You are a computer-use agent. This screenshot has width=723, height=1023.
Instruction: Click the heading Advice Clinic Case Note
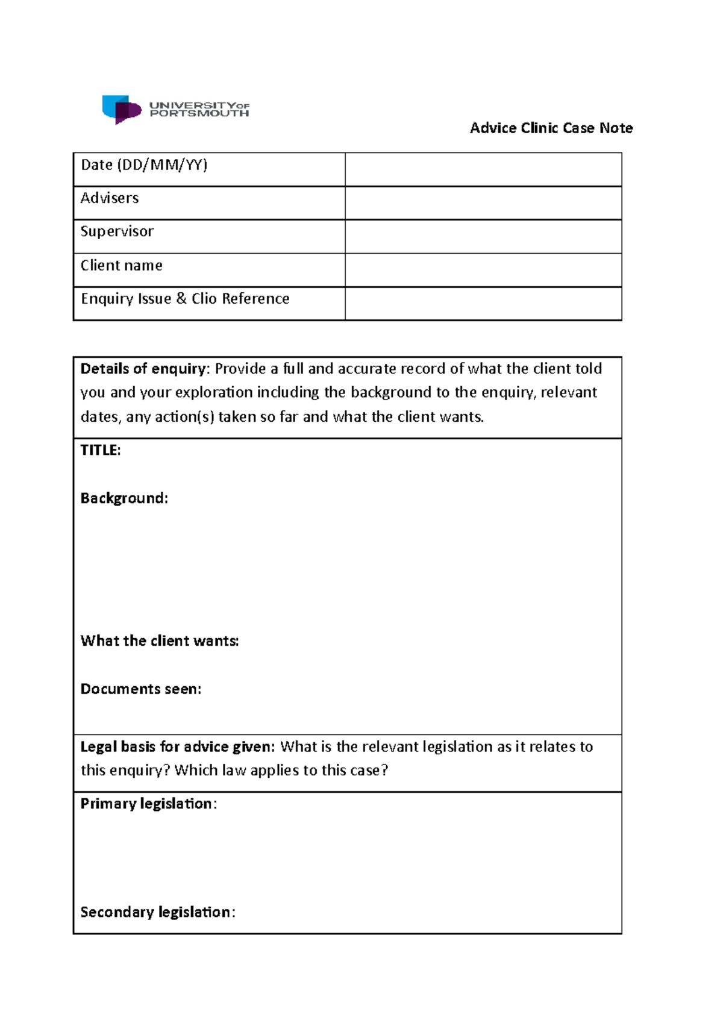551,128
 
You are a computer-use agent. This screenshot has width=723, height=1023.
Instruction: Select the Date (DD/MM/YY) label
144,165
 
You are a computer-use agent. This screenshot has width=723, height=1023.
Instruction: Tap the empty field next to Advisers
483,203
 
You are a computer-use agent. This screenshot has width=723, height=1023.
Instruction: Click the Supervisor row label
117,231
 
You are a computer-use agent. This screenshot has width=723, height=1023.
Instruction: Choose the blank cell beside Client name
483,270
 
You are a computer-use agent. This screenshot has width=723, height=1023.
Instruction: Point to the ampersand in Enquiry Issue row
181,299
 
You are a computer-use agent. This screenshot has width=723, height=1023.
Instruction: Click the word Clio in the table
204,299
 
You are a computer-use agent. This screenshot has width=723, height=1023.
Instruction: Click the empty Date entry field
483,169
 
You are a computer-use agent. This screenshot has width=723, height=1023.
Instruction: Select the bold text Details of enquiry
143,369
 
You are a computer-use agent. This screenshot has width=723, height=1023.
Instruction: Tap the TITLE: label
101,451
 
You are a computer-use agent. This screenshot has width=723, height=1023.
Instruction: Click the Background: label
124,498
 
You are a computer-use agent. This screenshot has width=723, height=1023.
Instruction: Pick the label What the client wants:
160,641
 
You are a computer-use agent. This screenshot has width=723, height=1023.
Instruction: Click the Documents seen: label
141,689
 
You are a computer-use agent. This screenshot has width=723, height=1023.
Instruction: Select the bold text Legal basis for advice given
177,747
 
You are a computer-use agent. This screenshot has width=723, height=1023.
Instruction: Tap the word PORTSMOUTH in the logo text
199,113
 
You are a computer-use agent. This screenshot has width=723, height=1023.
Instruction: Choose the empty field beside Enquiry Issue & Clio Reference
483,304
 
